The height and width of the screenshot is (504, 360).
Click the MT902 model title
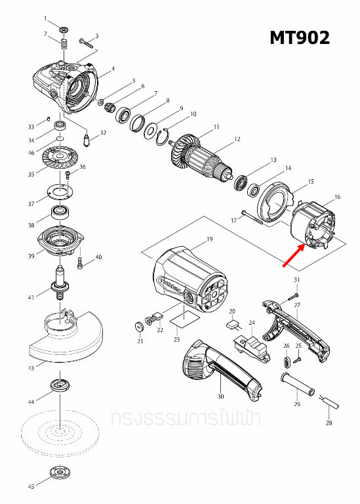pyautogui.click(x=299, y=38)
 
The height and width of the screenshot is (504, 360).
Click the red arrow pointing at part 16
pyautogui.click(x=293, y=257)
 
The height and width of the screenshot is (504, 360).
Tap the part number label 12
pyautogui.click(x=237, y=139)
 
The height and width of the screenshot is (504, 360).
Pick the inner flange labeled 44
pyautogui.click(x=60, y=387)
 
